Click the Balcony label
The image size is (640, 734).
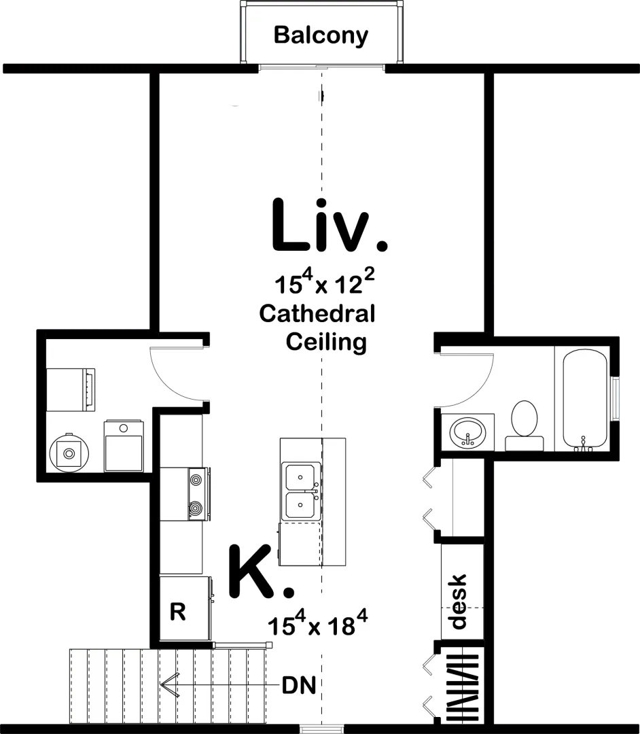click(321, 35)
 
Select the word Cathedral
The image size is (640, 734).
click(317, 313)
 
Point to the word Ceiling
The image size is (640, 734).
click(326, 342)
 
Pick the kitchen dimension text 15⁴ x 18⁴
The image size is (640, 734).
click(317, 625)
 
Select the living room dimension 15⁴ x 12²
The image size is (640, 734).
click(324, 283)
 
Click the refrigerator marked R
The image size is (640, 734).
click(185, 608)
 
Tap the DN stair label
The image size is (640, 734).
click(299, 686)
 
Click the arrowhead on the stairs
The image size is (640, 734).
click(168, 686)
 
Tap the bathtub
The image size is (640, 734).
click(585, 401)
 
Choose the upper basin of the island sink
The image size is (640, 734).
click(301, 478)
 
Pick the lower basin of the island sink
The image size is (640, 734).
click(301, 506)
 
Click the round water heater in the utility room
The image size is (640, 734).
click(69, 453)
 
